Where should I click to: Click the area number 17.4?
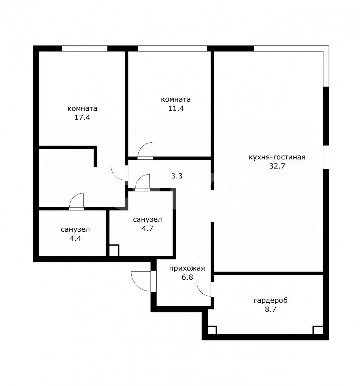pos(82,117)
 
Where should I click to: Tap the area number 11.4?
pos(176,108)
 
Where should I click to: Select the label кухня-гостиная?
pos(277,157)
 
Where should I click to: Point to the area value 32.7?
pos(277,166)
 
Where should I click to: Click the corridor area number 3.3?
pos(177,176)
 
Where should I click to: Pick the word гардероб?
pos(270,300)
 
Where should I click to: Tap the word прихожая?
pos(187,268)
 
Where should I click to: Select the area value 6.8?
pos(187,277)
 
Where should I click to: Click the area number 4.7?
pos(148,228)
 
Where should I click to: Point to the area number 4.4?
pos(75,238)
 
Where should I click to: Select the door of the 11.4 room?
pos(145,151)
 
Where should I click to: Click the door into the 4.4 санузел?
pos(77,201)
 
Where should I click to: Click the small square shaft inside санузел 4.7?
pos(114,250)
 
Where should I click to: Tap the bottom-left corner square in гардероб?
pos(212,330)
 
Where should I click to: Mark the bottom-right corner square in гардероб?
pos(318,330)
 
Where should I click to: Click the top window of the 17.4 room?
pos(85,48)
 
